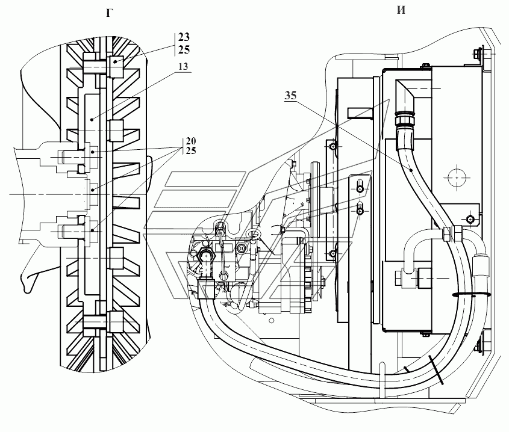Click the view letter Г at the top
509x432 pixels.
pyautogui.click(x=110, y=13)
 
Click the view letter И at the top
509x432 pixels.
pyautogui.click(x=401, y=10)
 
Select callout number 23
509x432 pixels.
pyautogui.click(x=184, y=37)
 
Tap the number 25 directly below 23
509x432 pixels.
pyautogui.click(x=184, y=49)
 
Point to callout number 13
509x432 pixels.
pyautogui.click(x=183, y=67)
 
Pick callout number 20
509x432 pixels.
pyautogui.click(x=191, y=141)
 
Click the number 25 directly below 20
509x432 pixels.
pyautogui.click(x=191, y=150)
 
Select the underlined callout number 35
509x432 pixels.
pyautogui.click(x=290, y=95)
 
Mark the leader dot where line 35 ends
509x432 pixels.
pyautogui.click(x=411, y=170)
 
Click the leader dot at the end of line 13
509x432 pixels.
pyautogui.click(x=92, y=119)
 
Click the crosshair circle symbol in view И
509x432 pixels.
pyautogui.click(x=457, y=177)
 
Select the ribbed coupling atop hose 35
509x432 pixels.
pyautogui.click(x=404, y=120)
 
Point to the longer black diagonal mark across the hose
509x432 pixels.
pyautogui.click(x=436, y=370)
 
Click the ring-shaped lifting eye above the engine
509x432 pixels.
pyautogui.click(x=254, y=234)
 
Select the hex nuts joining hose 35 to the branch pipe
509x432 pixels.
pyautogui.click(x=452, y=233)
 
